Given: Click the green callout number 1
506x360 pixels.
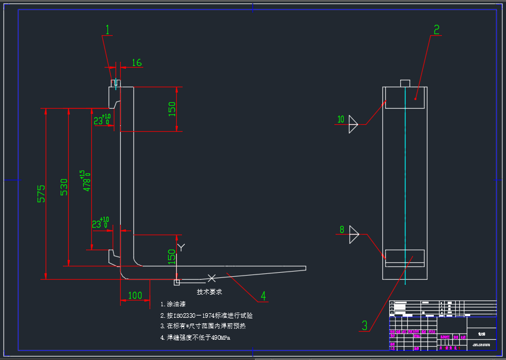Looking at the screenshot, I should [107, 29].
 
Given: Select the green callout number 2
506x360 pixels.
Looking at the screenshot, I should [437, 29].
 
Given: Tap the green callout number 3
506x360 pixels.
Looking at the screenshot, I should [364, 325].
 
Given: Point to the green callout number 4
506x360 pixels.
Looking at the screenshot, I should [263, 296].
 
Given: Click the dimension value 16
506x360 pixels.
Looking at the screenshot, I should [137, 62].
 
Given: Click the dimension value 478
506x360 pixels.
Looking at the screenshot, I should [87, 181].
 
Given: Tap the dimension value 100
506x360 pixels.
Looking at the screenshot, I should [135, 295].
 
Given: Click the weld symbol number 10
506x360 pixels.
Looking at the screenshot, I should [341, 120].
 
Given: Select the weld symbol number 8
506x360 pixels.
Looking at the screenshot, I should [342, 229].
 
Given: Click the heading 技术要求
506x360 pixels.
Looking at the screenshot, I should [210, 292].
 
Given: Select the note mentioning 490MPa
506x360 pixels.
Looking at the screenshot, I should [198, 337].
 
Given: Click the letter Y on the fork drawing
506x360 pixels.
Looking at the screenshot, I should [181, 247].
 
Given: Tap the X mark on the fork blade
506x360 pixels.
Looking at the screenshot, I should [212, 279].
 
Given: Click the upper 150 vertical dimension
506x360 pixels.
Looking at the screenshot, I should [172, 109].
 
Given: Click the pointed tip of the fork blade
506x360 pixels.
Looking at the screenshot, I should [305, 268].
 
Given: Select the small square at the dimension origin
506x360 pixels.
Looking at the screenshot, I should [177, 283].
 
